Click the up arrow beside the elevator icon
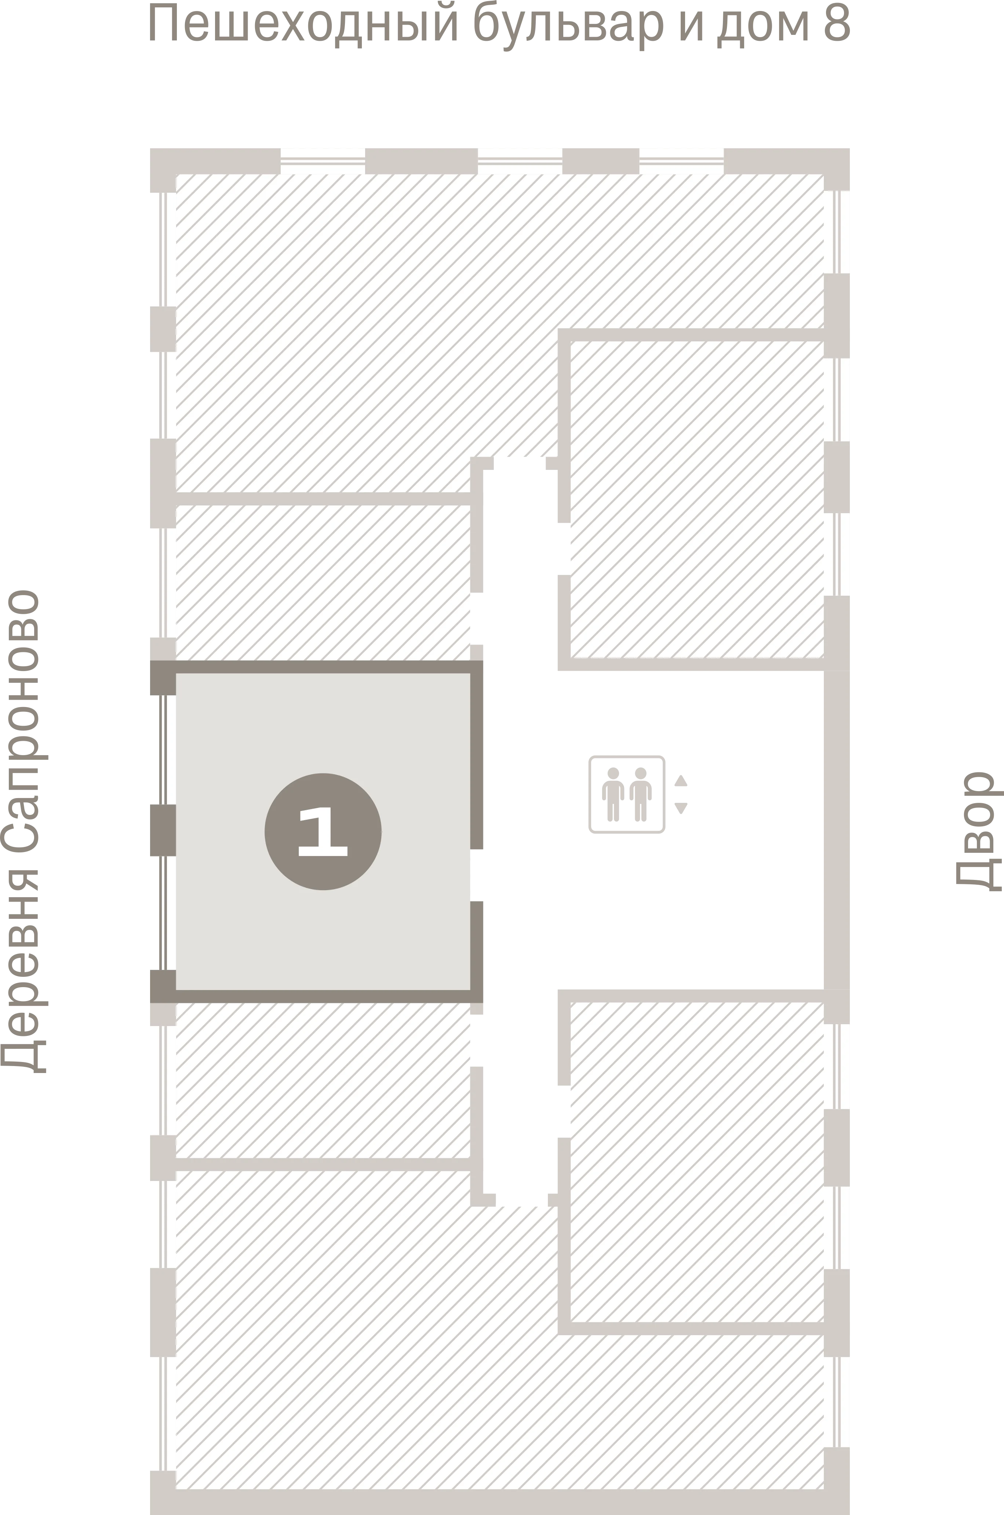(681, 780)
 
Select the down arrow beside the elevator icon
(681, 808)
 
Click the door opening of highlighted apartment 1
(476, 875)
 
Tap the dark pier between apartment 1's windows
(163, 830)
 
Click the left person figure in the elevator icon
(613, 794)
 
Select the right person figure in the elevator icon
(640, 794)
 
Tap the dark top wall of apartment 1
(316, 667)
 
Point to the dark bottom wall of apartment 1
(316, 996)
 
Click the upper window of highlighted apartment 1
(163, 750)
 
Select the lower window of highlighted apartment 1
(163, 913)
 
